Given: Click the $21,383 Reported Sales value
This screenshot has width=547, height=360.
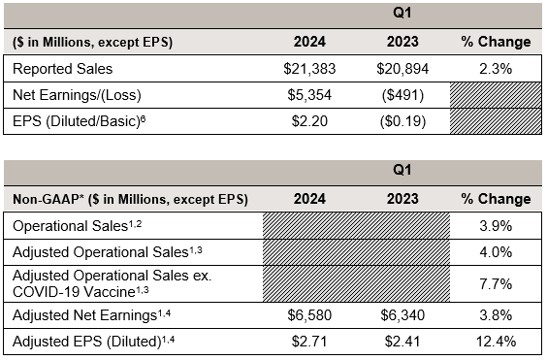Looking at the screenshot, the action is click(309, 69).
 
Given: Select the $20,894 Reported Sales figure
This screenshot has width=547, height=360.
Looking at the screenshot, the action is click(402, 69).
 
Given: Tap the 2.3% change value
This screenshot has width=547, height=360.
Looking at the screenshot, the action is click(496, 69).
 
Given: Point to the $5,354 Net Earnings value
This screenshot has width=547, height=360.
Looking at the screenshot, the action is click(309, 95).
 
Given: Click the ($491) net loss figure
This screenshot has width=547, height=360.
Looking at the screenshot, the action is click(402, 95).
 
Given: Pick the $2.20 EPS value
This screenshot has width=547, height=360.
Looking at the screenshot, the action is click(309, 121).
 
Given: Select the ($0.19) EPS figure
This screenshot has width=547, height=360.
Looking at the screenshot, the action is click(402, 121).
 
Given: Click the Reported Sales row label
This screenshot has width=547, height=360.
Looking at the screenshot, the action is click(62, 69).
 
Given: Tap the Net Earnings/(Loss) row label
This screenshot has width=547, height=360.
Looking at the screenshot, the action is click(77, 95).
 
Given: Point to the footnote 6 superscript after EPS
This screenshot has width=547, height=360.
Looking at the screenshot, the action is click(143, 118).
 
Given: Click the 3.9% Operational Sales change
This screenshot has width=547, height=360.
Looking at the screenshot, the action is click(496, 226).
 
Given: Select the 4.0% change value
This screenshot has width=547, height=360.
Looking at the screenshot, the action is click(496, 252).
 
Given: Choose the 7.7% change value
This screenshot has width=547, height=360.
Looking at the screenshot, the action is click(496, 284).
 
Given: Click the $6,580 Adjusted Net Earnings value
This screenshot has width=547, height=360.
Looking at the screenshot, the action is click(309, 315).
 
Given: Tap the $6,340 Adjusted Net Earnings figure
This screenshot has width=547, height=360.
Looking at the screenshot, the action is click(402, 315).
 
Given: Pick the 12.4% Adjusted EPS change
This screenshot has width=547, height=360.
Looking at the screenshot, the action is click(496, 342).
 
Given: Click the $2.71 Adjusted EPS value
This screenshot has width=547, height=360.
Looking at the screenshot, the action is click(309, 342).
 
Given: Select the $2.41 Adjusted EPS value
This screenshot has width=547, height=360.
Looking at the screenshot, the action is click(402, 342).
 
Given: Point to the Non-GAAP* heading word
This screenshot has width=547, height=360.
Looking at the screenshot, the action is click(48, 199).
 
